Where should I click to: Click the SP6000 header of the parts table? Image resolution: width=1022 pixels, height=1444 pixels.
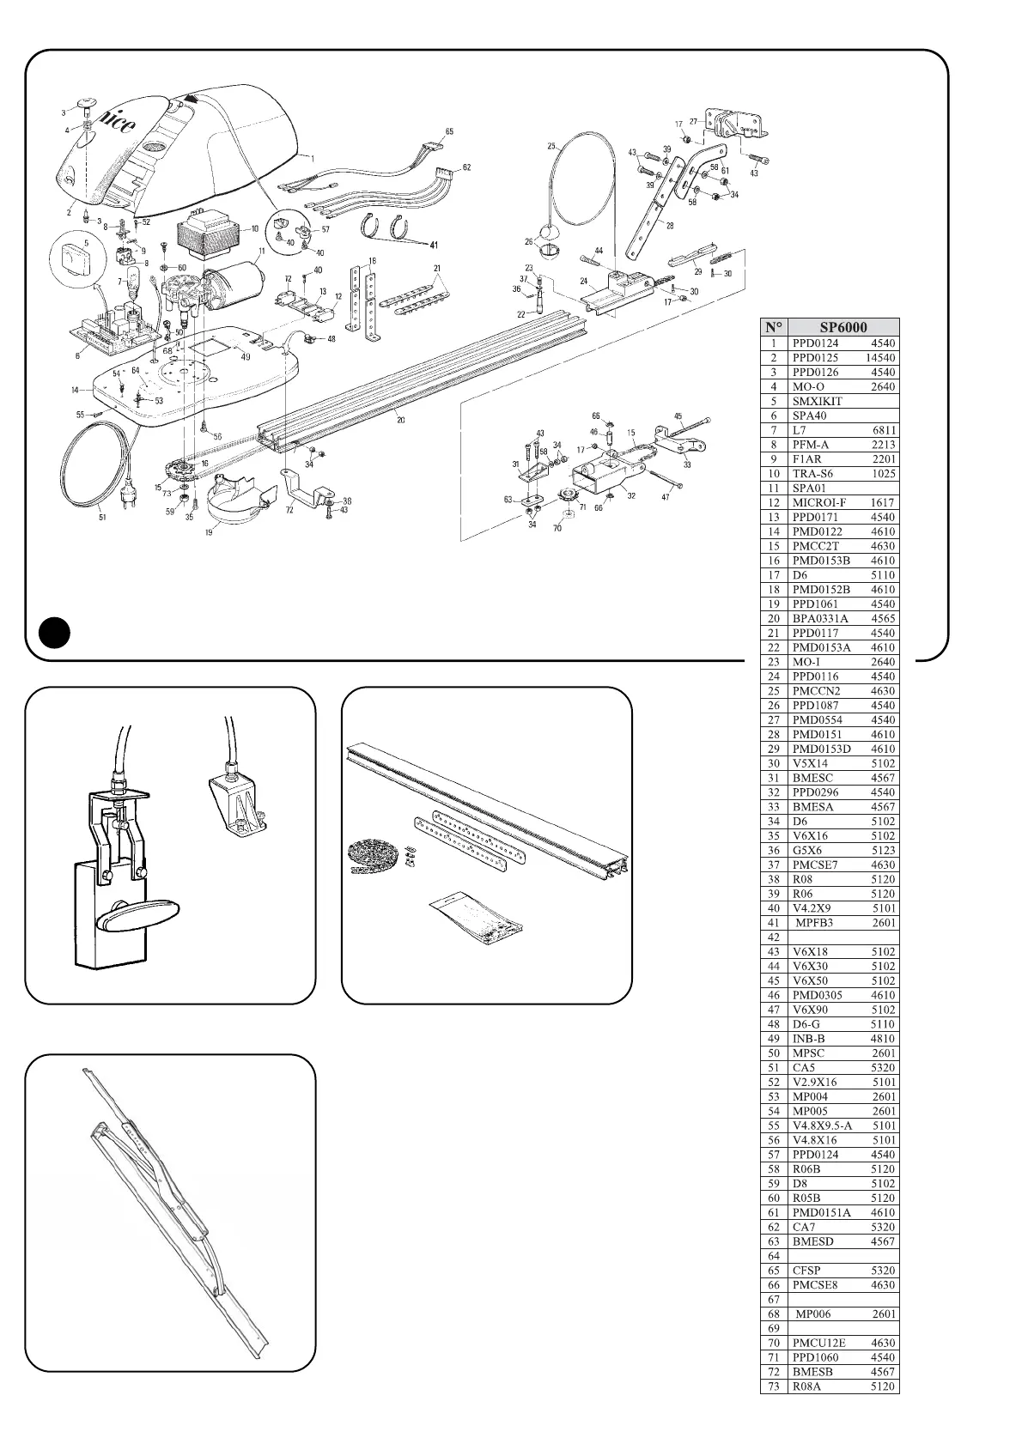tap(843, 327)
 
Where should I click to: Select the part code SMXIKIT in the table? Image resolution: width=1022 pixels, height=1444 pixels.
tap(817, 401)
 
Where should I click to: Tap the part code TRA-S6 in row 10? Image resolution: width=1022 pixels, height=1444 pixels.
tap(812, 473)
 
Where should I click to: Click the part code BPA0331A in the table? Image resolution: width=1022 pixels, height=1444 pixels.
tap(819, 618)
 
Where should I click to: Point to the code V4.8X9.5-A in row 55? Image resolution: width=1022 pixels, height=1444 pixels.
tap(822, 1125)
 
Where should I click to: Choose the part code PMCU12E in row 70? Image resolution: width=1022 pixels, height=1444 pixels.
tap(818, 1343)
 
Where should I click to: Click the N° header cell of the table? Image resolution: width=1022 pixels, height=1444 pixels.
tap(774, 327)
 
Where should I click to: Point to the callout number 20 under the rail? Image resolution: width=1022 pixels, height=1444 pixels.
tap(399, 420)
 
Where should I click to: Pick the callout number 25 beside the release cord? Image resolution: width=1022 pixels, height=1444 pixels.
tap(551, 145)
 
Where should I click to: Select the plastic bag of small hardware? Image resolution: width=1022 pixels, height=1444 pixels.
tap(477, 918)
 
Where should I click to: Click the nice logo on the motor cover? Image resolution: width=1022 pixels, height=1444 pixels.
tap(113, 123)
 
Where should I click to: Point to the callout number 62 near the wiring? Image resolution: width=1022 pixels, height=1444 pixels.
tap(466, 167)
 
